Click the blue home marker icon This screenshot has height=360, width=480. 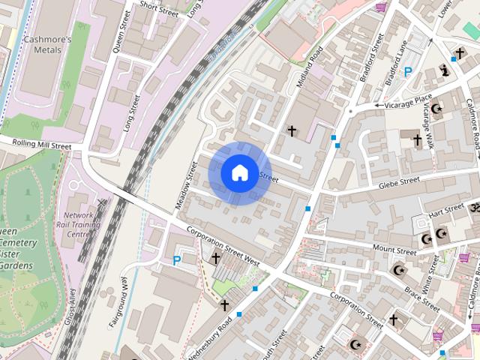coord(238,172)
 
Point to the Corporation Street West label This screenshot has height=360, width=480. coord(223,247)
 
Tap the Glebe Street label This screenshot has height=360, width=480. coord(399,182)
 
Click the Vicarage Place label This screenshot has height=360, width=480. coord(408,100)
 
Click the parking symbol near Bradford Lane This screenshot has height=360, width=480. coord(408,73)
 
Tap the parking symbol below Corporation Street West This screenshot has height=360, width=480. coord(177,261)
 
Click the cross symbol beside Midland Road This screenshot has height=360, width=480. coord(292,131)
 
